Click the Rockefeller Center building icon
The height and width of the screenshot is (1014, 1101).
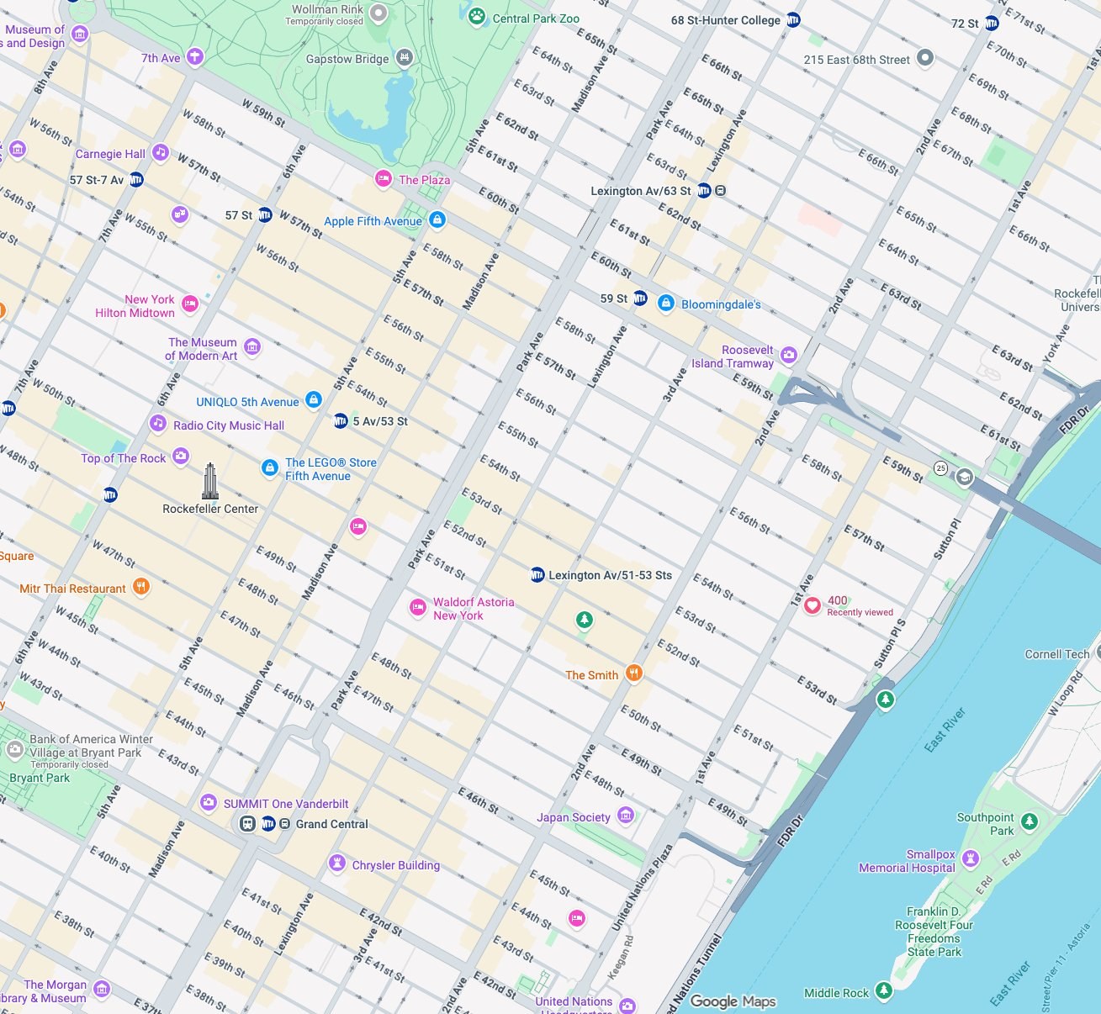click(209, 482)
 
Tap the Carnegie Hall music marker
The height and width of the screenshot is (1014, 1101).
click(160, 153)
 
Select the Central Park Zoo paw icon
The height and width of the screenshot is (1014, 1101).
click(477, 16)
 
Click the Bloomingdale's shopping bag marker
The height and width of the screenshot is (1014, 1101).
click(665, 304)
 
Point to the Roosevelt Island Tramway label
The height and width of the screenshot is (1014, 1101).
click(732, 356)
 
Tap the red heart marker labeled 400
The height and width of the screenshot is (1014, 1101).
click(812, 606)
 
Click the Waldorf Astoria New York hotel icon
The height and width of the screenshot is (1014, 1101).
click(417, 607)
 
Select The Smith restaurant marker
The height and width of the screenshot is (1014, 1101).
click(634, 673)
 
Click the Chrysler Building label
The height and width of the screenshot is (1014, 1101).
click(395, 865)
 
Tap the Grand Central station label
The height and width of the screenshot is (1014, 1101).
click(331, 824)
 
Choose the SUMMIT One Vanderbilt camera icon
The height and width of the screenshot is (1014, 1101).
click(209, 803)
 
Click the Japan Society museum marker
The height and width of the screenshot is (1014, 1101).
click(625, 815)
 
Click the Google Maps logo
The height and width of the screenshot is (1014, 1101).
click(733, 1001)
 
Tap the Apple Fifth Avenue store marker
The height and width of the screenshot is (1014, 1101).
click(437, 220)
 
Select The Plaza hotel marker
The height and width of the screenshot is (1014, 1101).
click(384, 178)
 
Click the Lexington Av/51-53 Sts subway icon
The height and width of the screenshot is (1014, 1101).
click(537, 575)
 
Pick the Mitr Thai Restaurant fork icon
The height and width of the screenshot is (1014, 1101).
click(141, 587)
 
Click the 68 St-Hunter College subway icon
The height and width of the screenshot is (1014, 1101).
click(793, 20)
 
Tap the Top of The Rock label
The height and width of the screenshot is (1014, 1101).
click(124, 458)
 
